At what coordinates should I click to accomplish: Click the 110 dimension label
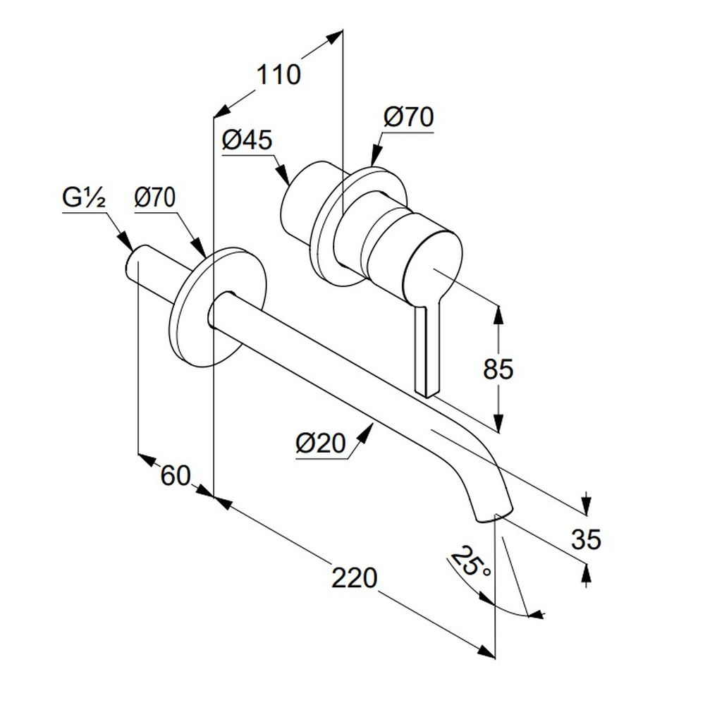click(x=278, y=73)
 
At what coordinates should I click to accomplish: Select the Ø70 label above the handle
click(x=408, y=118)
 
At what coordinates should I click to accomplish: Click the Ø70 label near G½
click(x=155, y=198)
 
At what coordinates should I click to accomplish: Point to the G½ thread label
click(x=83, y=198)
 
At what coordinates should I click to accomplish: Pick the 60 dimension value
click(x=176, y=476)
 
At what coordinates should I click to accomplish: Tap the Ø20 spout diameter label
click(x=321, y=444)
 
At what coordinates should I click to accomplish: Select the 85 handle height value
click(x=498, y=368)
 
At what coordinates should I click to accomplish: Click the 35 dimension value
click(x=586, y=540)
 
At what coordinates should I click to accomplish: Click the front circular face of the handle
click(x=434, y=264)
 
